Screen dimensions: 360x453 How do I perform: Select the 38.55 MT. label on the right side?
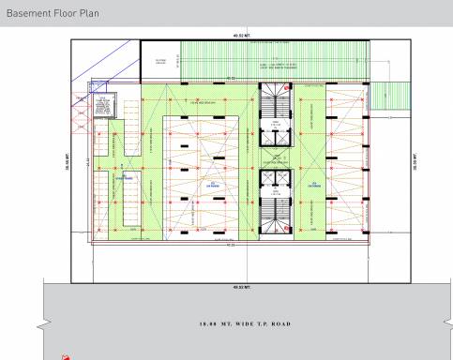point(413,164)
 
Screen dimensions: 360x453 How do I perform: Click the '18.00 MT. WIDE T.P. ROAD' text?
point(240,323)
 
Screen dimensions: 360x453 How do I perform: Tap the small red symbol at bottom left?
point(65,356)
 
